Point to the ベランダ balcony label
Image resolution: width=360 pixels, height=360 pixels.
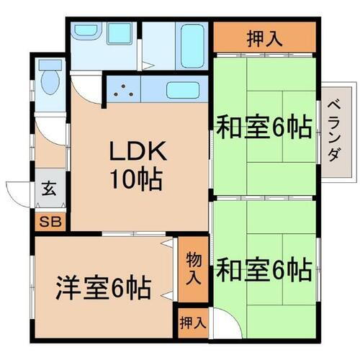[x=334, y=130]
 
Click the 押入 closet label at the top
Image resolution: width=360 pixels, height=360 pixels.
[x=264, y=36]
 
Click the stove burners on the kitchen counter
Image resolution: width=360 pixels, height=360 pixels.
[x=125, y=91]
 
